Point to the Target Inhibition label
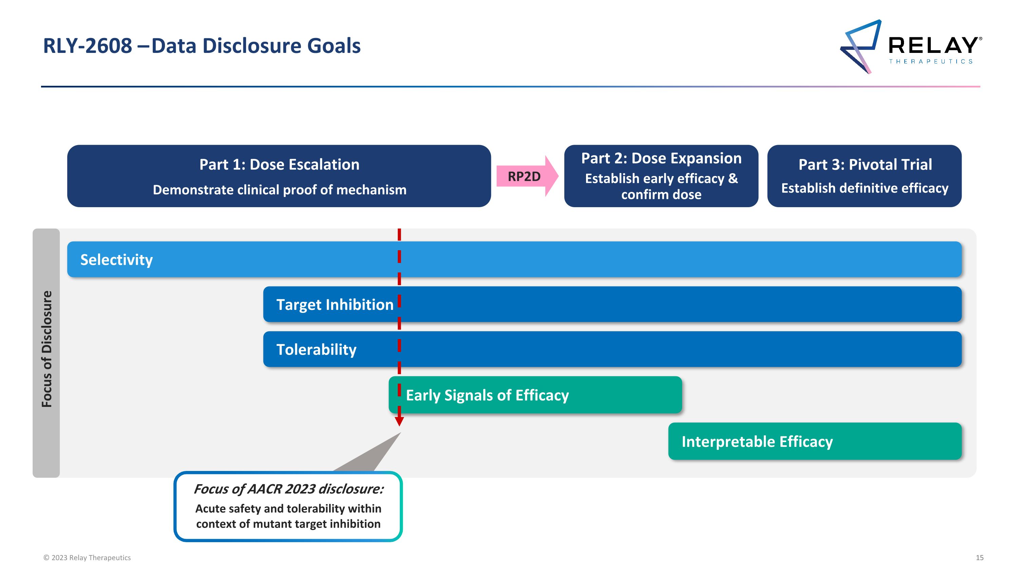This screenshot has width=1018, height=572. coord(335,305)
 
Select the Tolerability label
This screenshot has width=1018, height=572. coord(316,350)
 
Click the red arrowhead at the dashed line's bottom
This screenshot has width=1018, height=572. coord(399,421)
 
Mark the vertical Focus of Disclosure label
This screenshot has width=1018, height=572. coord(46,349)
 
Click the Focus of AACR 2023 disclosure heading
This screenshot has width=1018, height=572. coord(288,489)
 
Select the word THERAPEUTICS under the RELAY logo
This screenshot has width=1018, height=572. coord(931,62)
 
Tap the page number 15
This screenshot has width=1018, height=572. coord(979,558)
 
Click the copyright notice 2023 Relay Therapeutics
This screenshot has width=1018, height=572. coord(87,558)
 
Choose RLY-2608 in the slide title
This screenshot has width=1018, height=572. coord(87,46)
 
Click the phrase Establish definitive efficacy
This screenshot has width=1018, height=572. coord(865,188)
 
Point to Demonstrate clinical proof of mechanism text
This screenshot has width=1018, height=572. coord(279,190)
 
